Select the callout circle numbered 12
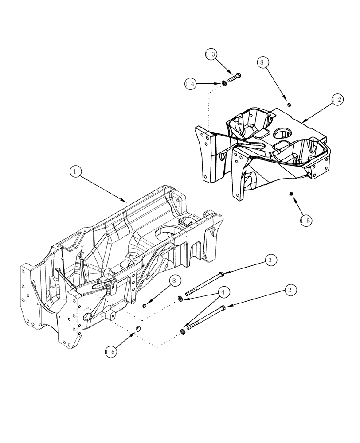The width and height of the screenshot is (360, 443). tap(337, 100)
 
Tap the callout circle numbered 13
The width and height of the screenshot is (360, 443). tap(211, 54)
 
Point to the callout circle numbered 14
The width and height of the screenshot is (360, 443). tap(191, 83)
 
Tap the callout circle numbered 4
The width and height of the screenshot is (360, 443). tap(223, 292)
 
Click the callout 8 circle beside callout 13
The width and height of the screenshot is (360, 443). tap(262, 62)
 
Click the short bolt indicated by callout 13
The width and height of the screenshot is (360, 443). tap(234, 79)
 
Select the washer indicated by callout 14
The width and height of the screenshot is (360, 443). tap(224, 83)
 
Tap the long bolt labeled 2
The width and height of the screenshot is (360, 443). tap(206, 318)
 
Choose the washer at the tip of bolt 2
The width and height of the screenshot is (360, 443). tap(183, 332)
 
